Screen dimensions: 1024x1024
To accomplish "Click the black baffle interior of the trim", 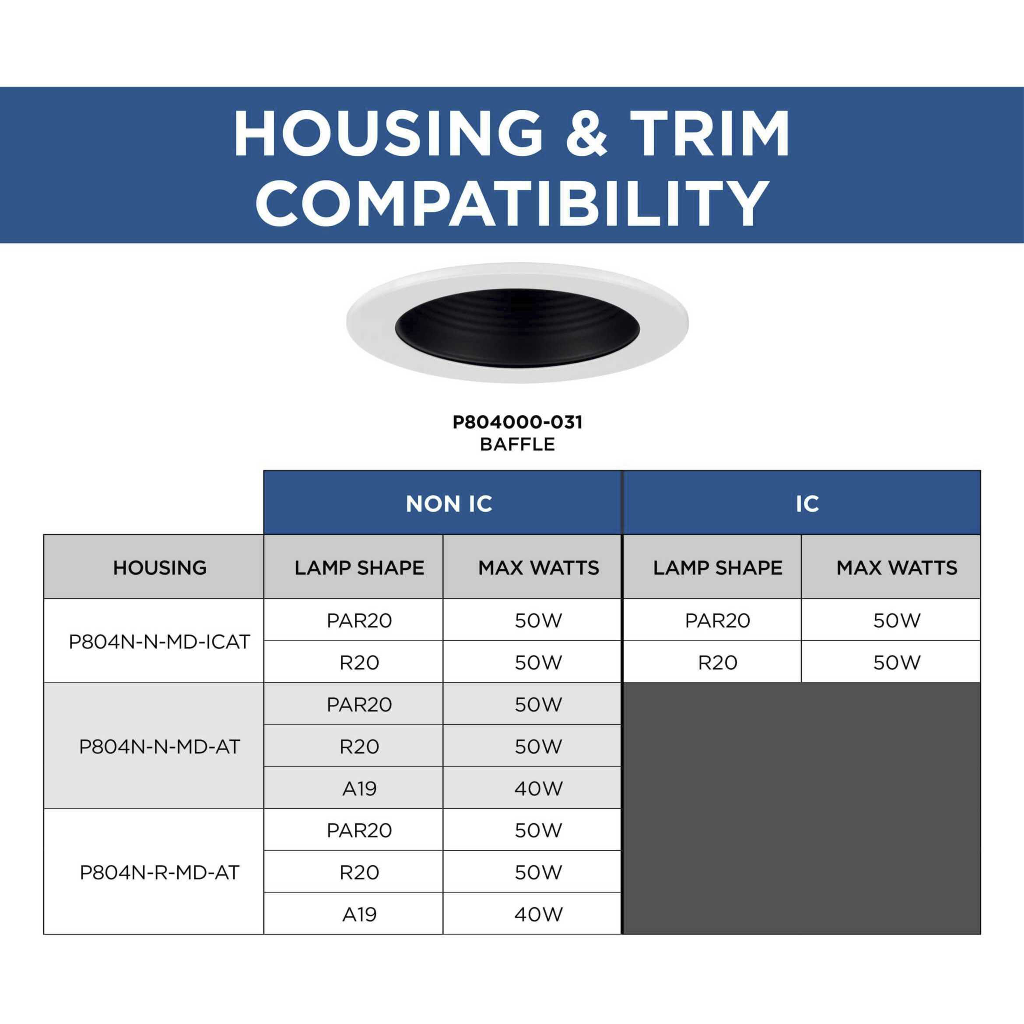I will tap(517, 329).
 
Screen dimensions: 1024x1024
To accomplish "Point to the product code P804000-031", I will tap(517, 422).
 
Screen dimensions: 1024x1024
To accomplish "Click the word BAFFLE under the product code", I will tap(517, 444).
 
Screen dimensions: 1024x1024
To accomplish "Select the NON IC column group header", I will tap(449, 504).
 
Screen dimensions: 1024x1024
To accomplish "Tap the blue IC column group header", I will tap(807, 504).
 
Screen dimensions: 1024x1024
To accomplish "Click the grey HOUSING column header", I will tap(160, 568).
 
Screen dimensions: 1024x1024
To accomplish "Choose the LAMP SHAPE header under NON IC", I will tap(359, 568).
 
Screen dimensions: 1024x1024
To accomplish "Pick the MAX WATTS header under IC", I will tap(897, 568).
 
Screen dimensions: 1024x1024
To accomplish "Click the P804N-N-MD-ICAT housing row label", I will tap(160, 642).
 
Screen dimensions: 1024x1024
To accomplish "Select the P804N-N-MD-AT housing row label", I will tap(160, 747).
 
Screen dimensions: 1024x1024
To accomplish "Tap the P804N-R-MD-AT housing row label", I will tap(160, 873).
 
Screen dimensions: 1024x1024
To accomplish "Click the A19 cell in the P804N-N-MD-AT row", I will tap(359, 789).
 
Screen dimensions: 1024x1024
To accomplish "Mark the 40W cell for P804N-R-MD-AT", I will tap(538, 914).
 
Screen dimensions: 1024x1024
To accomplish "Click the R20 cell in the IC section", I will tap(718, 663).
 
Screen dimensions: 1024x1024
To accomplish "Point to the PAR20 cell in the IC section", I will tap(718, 621).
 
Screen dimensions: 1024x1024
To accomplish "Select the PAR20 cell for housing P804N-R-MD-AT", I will tap(359, 831).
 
